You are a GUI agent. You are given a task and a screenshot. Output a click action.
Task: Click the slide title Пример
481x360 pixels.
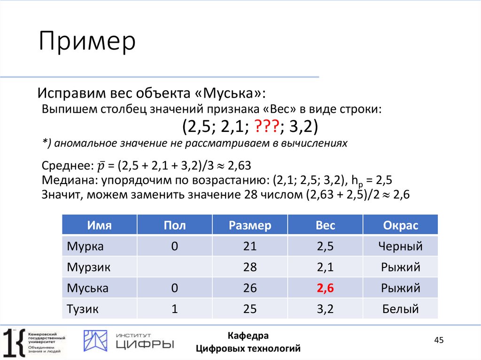coord(87,42)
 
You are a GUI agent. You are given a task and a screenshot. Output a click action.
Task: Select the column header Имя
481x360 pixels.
coord(99,225)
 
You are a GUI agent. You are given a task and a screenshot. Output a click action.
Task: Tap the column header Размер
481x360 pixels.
coord(250,225)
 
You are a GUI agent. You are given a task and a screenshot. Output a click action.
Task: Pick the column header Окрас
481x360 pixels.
coord(400,225)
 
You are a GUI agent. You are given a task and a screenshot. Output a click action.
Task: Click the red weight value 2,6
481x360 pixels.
coord(325,288)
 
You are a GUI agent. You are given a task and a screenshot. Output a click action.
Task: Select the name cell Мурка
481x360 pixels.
coord(85,246)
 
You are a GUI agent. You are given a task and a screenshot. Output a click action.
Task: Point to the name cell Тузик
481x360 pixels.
coord(85,309)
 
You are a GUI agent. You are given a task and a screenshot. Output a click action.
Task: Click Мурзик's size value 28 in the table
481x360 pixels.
coord(250,268)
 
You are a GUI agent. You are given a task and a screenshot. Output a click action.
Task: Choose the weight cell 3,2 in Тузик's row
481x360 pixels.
coord(325,309)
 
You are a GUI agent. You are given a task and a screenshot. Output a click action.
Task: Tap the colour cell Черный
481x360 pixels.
coord(400,246)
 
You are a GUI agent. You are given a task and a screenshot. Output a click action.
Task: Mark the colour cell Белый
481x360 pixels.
coord(400,309)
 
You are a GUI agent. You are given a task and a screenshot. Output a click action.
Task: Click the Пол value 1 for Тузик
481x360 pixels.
coord(175,309)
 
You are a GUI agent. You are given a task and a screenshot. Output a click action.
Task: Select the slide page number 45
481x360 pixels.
coord(439,340)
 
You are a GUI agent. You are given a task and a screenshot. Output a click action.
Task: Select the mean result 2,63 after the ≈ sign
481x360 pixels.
coord(238,166)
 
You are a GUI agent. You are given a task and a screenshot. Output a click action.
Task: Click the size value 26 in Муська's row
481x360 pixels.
coord(250,288)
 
